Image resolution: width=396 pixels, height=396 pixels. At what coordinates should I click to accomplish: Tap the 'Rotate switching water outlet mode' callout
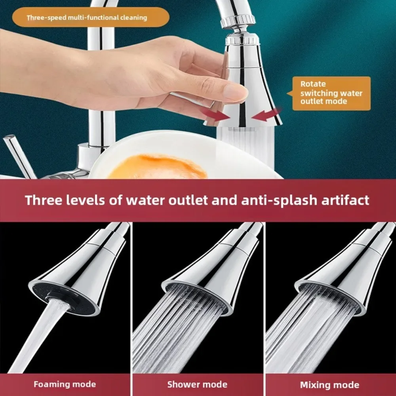coord(331,93)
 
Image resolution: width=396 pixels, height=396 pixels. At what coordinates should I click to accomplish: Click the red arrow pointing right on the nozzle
coord(216,114)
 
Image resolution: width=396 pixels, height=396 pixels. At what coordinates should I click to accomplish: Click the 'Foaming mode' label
coord(65,384)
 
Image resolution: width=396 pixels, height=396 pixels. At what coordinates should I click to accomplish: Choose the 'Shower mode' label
coord(197,384)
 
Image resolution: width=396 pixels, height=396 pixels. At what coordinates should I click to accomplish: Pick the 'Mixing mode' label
coord(329,385)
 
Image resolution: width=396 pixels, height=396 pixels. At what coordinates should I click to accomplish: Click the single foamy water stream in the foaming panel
coord(44,329)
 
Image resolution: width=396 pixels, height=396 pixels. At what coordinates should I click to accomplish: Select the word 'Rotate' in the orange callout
coord(313,84)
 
